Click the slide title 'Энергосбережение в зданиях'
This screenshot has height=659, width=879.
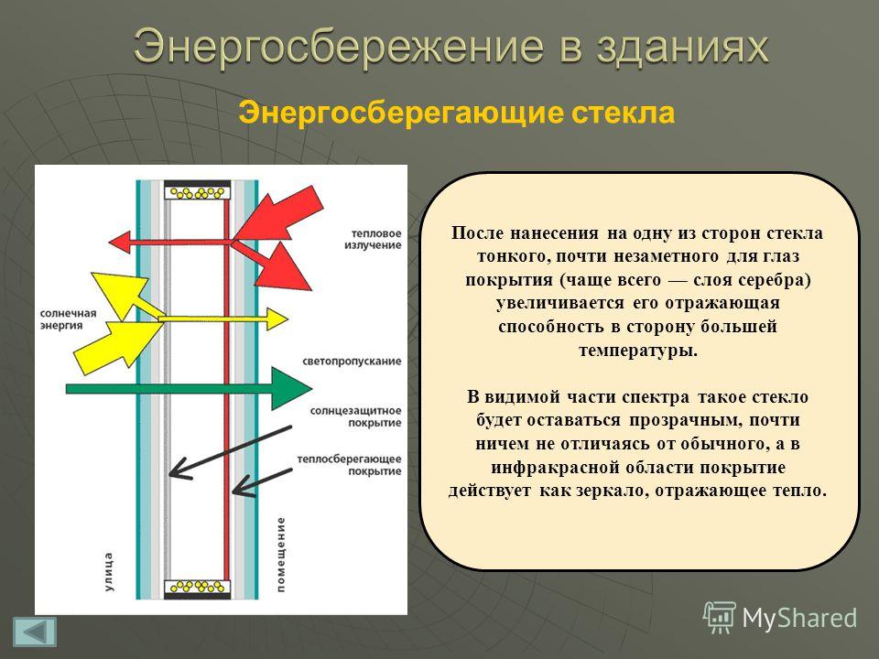(x=450, y=46)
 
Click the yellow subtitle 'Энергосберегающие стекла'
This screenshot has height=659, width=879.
(x=456, y=113)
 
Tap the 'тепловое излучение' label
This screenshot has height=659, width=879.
(x=373, y=239)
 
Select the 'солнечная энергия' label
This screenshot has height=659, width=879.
(x=68, y=319)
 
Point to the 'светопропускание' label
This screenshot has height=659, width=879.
(x=352, y=362)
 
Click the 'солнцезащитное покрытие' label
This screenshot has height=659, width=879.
(x=356, y=417)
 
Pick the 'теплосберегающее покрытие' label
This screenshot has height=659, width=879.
(x=349, y=465)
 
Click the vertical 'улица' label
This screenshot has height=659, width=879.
(x=108, y=571)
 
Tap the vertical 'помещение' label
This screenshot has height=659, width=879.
(x=280, y=555)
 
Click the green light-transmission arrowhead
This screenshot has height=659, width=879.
(x=291, y=388)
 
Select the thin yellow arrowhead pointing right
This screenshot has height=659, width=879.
(x=277, y=319)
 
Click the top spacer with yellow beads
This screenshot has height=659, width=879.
(x=198, y=193)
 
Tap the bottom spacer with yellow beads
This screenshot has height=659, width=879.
(x=198, y=588)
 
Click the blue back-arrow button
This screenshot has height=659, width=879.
(x=35, y=632)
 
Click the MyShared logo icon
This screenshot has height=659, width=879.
(x=720, y=617)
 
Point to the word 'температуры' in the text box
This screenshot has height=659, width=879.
(x=638, y=351)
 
